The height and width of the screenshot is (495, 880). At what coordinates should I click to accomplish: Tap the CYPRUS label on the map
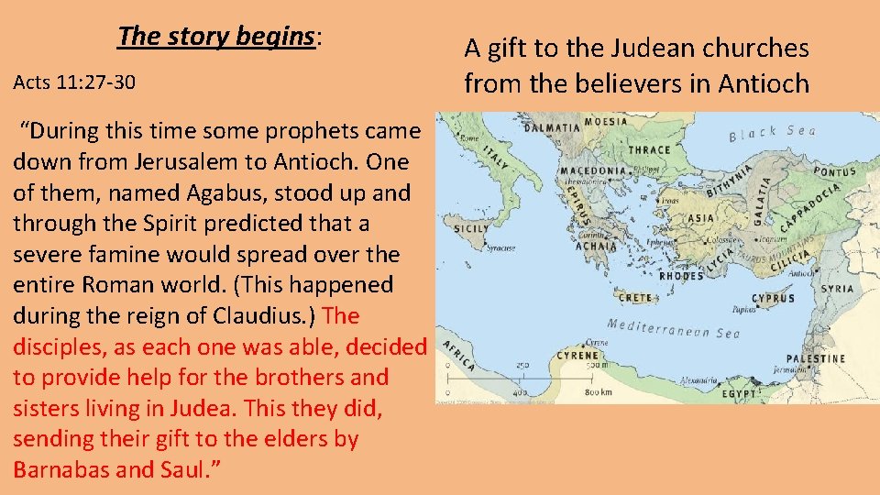[774, 298]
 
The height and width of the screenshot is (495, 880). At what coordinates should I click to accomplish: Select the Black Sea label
[772, 133]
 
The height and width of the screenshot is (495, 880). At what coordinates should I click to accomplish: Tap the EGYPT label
[747, 392]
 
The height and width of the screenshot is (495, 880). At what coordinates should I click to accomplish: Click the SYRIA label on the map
[835, 288]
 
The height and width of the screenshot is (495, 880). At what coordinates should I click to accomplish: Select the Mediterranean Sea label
[673, 329]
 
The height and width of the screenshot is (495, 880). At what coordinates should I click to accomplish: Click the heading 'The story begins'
[216, 37]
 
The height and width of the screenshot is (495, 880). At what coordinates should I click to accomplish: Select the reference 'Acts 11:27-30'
[74, 82]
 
